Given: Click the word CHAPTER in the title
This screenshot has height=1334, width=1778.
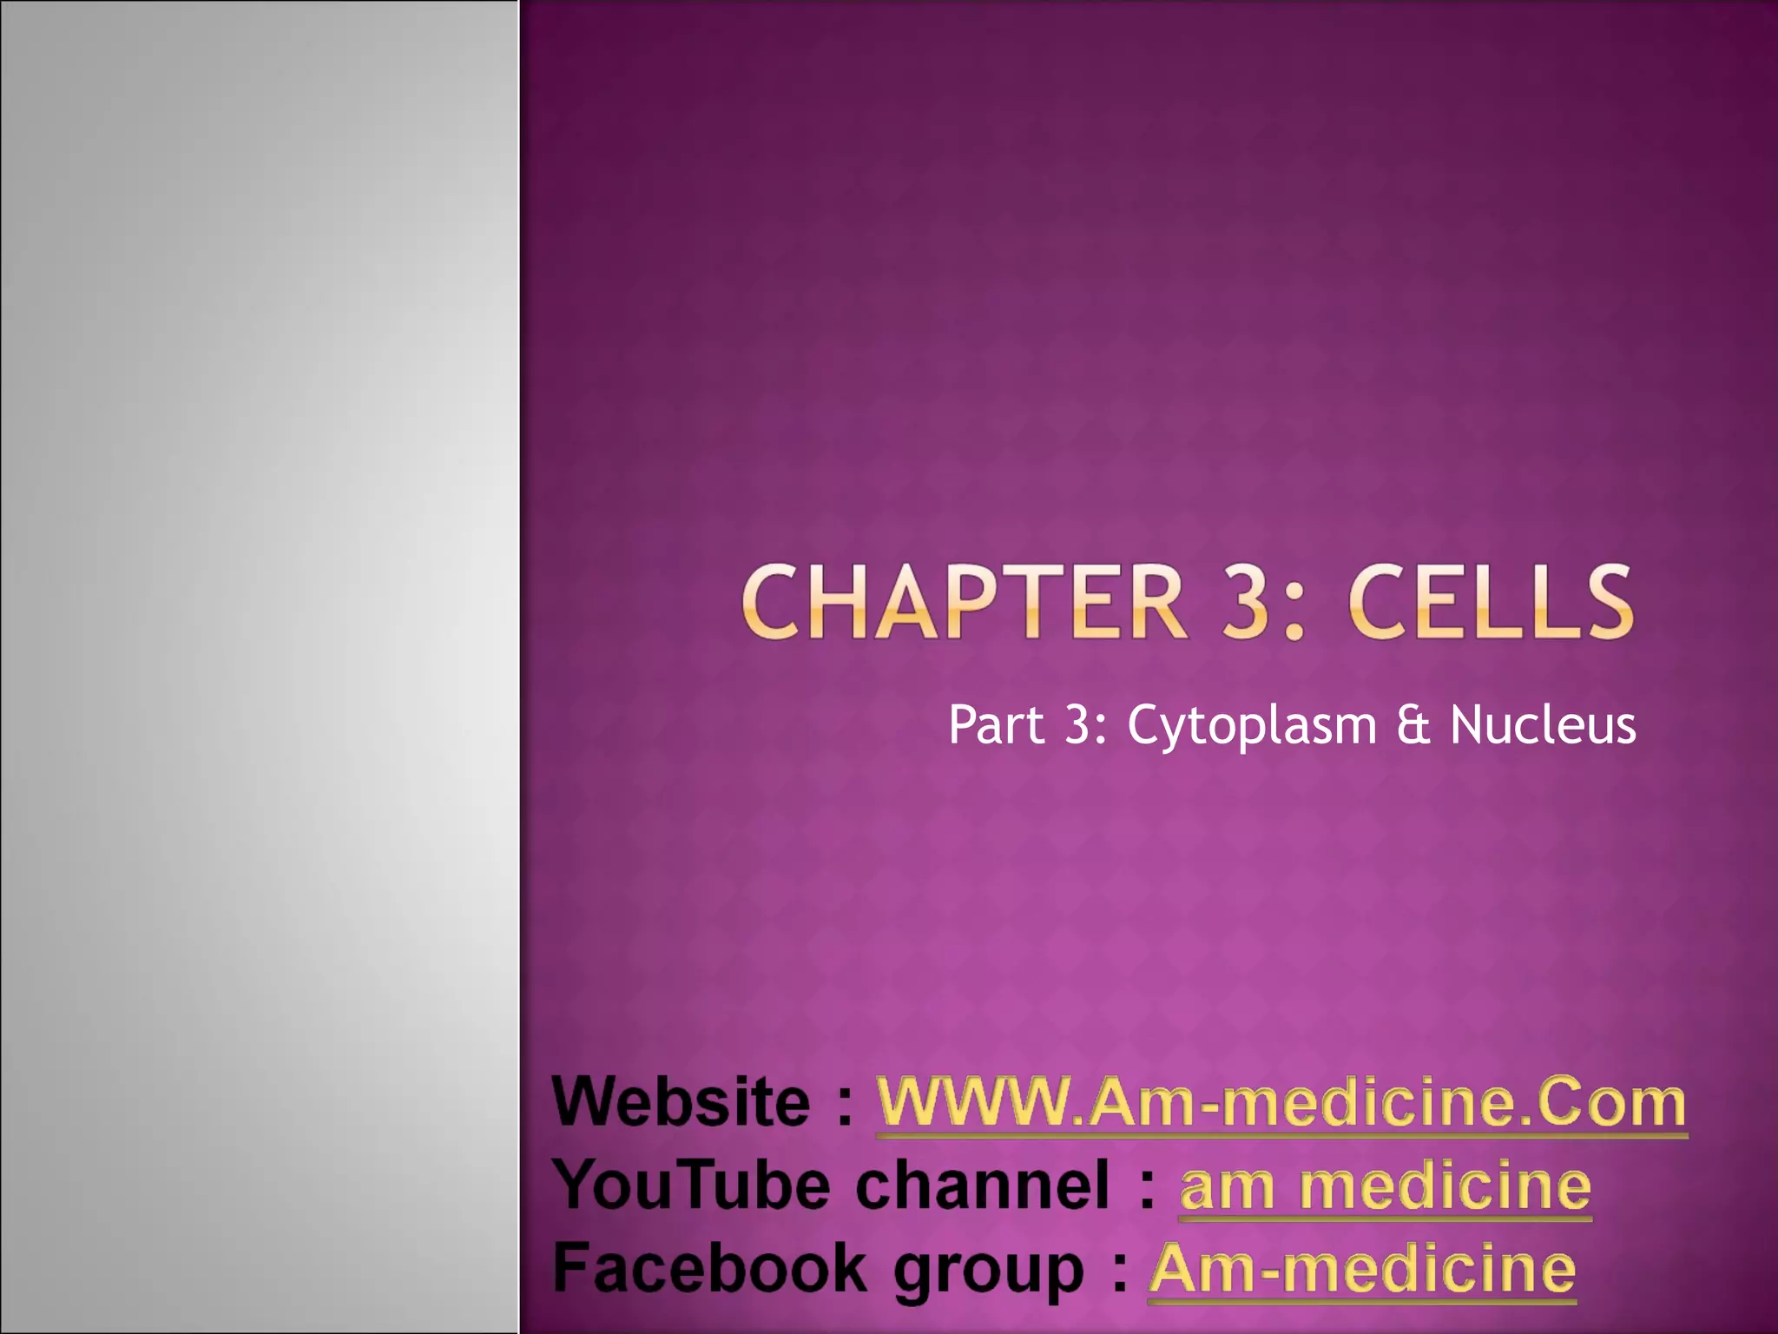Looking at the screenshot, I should coord(964,602).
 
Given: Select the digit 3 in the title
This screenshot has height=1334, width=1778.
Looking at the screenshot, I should coord(1236,602).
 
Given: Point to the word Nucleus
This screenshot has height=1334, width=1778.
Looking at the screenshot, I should coord(1543,725).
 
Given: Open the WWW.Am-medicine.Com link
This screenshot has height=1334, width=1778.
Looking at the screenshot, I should coord(1281,1103).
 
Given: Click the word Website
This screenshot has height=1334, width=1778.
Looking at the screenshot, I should coord(682,1103).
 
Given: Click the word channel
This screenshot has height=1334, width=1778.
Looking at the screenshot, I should coord(982,1185).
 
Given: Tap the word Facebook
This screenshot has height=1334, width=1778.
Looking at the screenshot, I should coord(709,1268).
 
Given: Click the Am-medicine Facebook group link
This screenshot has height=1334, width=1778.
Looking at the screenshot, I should coord(1362,1269).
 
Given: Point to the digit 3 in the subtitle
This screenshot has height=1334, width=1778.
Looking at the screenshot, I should coord(1076,725).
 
